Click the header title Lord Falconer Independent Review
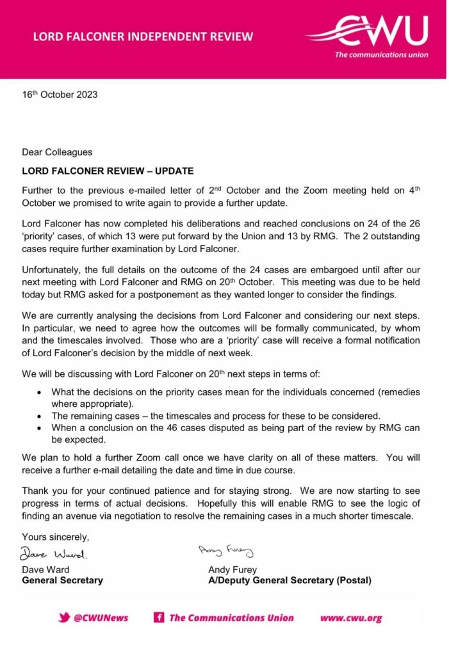click(143, 36)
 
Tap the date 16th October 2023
click(60, 95)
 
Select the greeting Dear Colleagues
click(57, 152)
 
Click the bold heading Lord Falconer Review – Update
click(108, 171)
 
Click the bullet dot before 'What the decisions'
click(40, 392)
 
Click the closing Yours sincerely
click(56, 537)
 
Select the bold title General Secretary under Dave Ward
click(62, 581)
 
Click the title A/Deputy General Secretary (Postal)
click(290, 581)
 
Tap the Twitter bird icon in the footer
click(64, 618)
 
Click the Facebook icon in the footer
click(158, 618)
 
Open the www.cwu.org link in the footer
click(351, 618)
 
